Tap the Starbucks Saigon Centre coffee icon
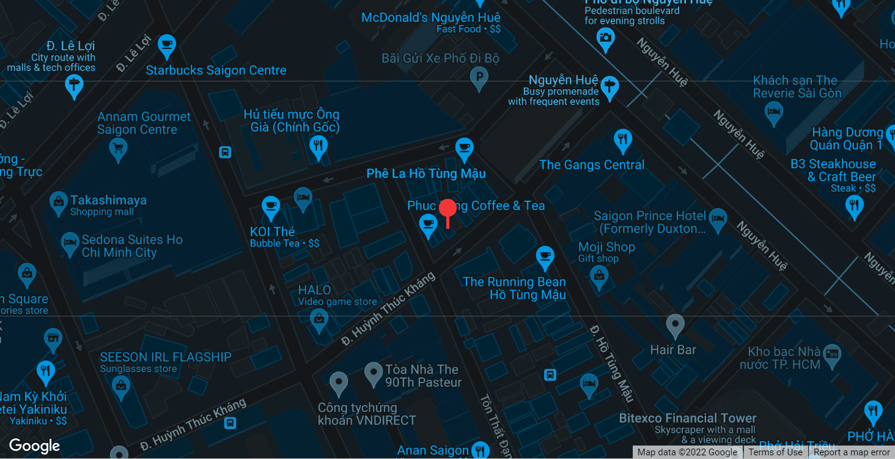coord(166,45)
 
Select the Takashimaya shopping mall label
coord(108,200)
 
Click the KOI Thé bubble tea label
coord(273,232)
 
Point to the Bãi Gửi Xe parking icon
coord(479,78)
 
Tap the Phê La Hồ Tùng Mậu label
coord(426,174)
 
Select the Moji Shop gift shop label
coord(606,247)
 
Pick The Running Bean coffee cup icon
coord(545,256)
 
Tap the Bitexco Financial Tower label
coord(688,419)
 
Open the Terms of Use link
coord(775,452)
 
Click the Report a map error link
coord(852,452)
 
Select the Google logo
coord(35,446)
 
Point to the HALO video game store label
coord(315,290)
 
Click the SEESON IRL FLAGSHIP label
coord(166,357)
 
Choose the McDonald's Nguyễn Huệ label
coord(431,18)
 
